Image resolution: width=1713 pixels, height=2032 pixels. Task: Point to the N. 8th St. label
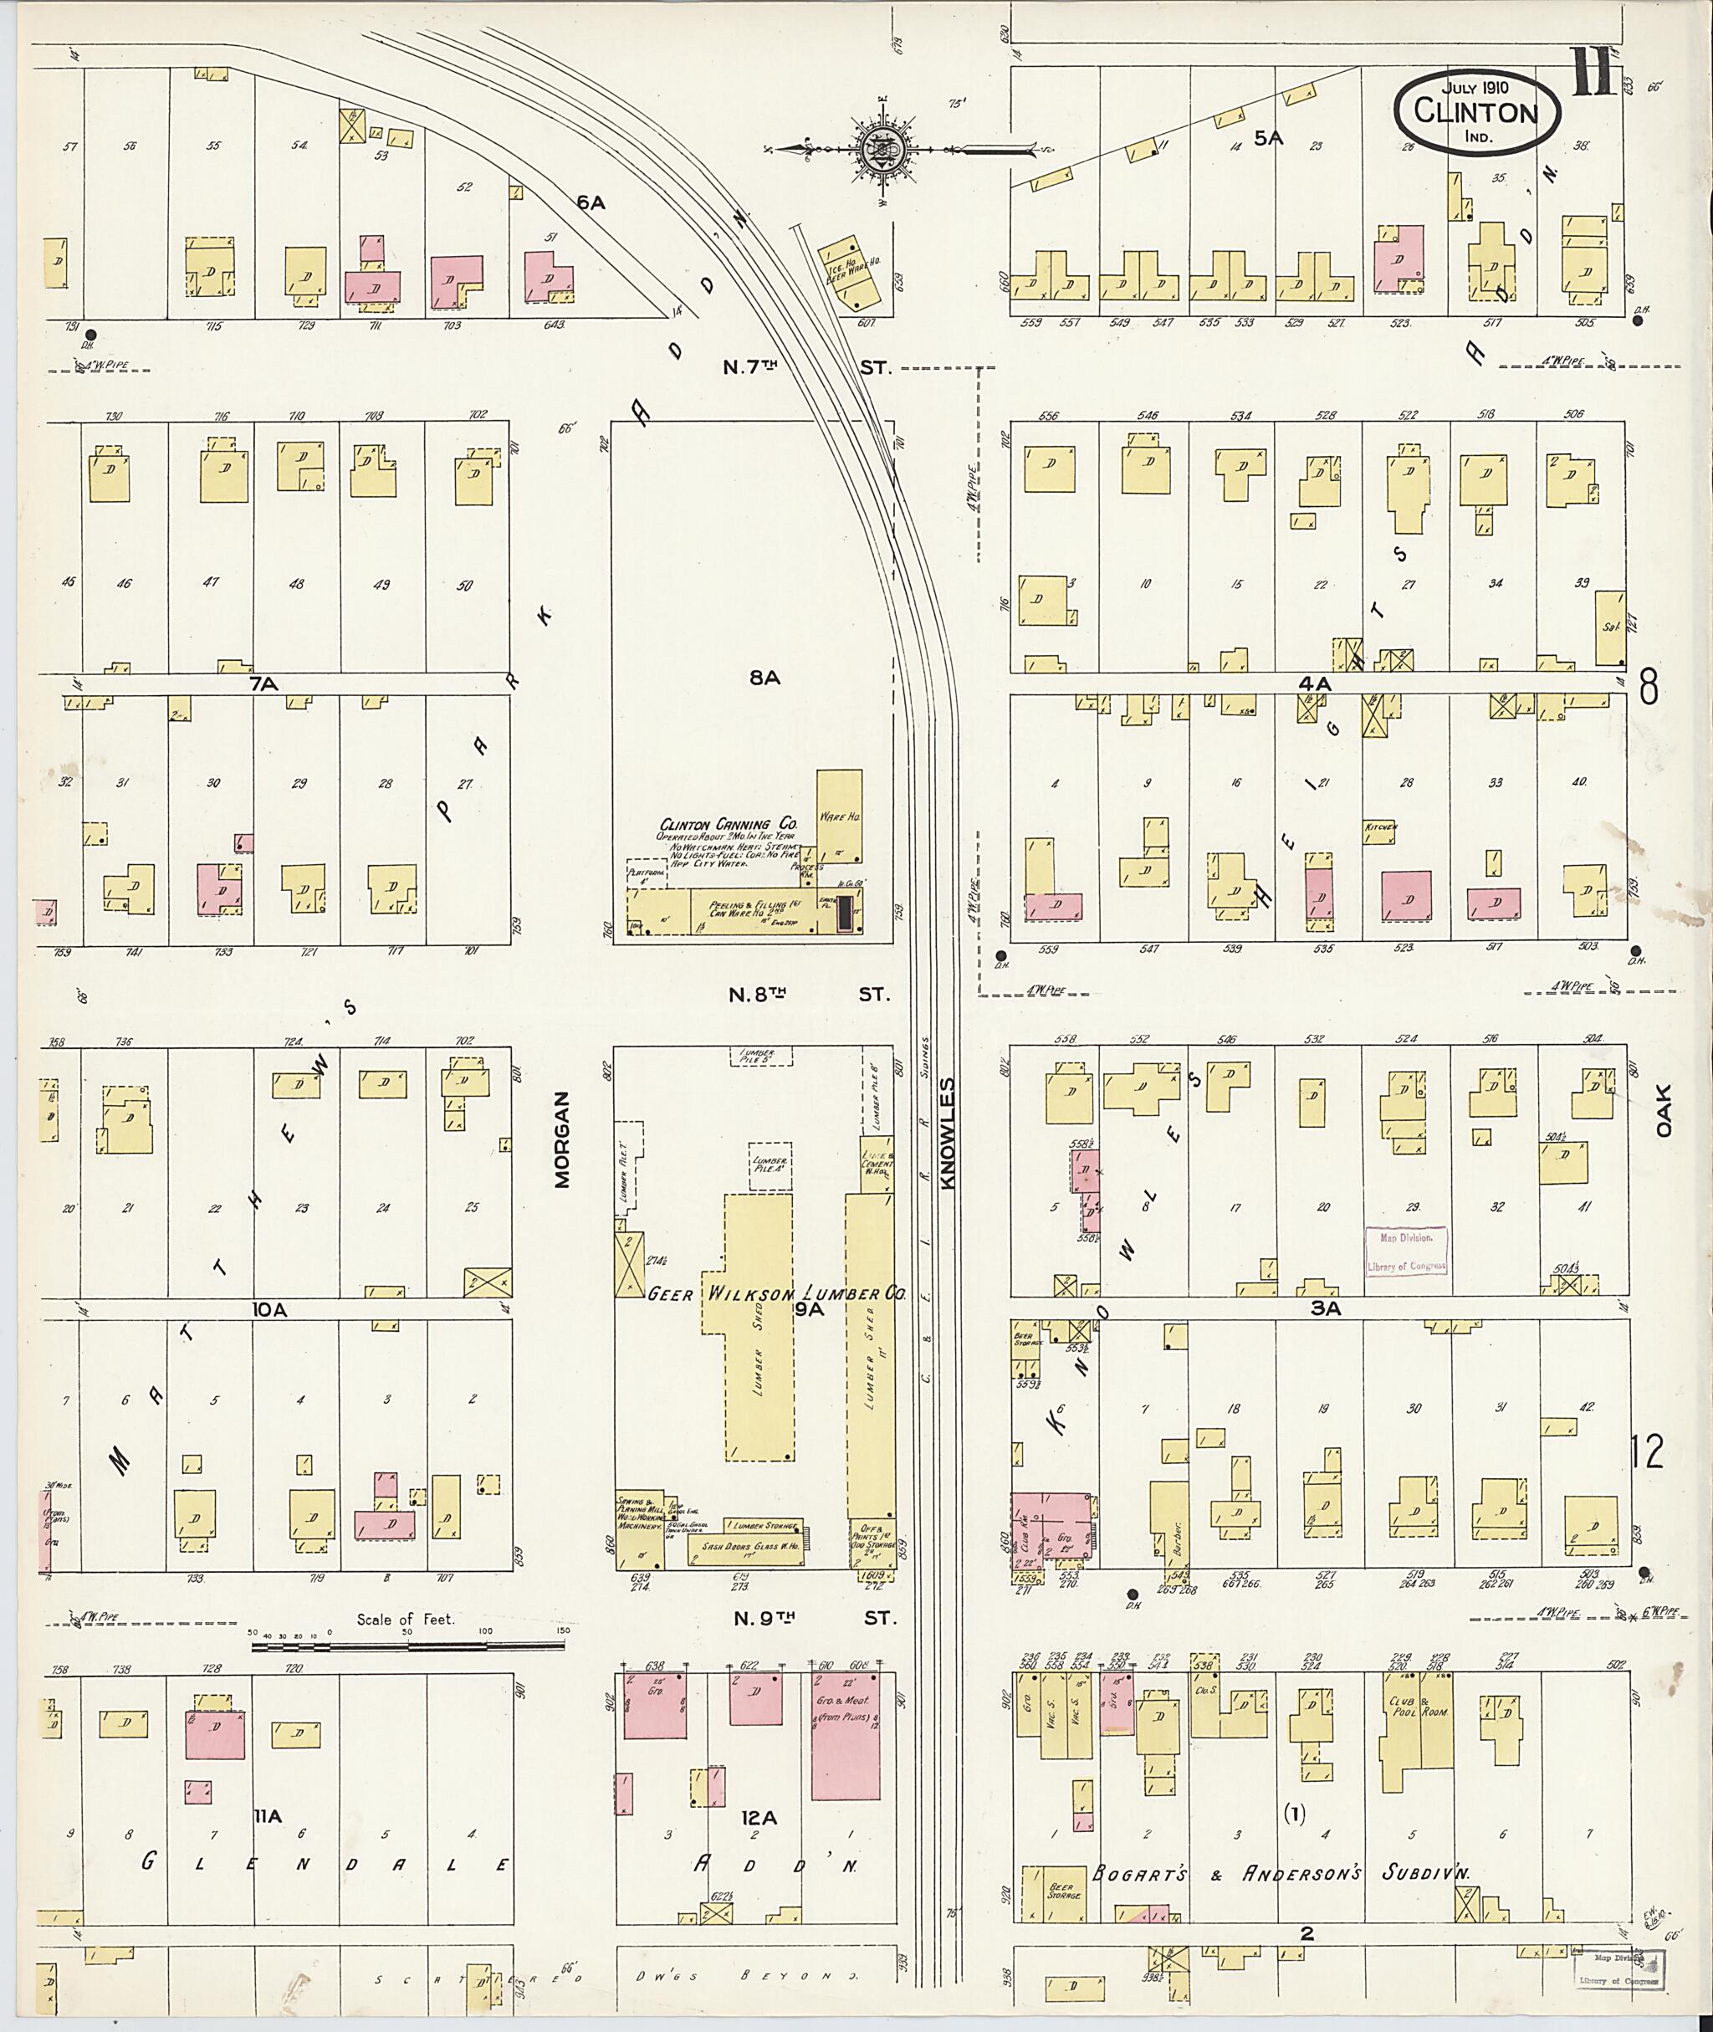[808, 995]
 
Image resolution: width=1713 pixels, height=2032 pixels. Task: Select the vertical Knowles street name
[949, 1132]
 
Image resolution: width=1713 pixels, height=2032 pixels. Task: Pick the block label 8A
[764, 678]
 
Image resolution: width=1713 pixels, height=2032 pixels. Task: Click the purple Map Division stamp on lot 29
[1406, 1250]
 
